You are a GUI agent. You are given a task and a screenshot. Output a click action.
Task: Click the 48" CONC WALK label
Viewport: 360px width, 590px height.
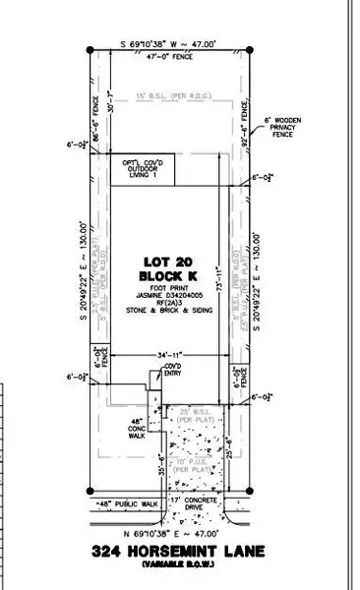(x=137, y=431)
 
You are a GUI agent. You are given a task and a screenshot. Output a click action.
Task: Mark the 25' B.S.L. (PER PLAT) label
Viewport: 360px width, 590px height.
(x=196, y=413)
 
